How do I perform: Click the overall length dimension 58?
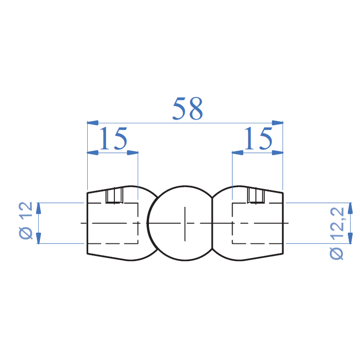188,109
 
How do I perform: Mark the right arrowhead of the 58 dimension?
278,122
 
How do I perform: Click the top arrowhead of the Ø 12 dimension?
39,208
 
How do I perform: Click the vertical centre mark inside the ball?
184,223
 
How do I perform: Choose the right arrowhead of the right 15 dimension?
278,153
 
